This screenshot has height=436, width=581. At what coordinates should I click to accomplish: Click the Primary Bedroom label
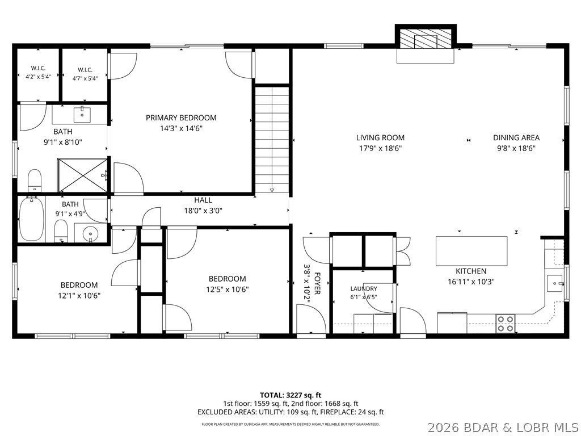tap(181, 118)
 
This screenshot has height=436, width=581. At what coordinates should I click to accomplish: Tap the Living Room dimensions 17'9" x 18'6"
tap(380, 149)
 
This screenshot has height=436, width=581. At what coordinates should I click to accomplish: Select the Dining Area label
tap(516, 137)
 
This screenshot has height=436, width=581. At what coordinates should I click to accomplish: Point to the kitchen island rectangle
tap(471, 251)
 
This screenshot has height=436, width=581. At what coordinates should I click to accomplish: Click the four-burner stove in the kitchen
tap(506, 323)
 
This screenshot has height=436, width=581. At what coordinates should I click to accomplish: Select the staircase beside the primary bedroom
tap(272, 139)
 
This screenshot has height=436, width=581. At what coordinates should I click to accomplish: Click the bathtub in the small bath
tap(32, 219)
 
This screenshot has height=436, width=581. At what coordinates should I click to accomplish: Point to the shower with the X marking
tap(83, 175)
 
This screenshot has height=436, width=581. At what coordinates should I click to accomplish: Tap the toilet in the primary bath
tap(35, 181)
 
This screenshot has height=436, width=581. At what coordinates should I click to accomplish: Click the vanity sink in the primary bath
tap(82, 115)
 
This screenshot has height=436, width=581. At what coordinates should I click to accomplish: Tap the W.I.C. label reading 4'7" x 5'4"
tap(85, 74)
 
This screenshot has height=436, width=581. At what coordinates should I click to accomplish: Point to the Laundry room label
tap(364, 289)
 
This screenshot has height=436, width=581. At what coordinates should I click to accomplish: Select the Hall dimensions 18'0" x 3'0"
tap(203, 211)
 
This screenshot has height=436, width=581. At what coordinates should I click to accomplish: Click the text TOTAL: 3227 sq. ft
tap(288, 395)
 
